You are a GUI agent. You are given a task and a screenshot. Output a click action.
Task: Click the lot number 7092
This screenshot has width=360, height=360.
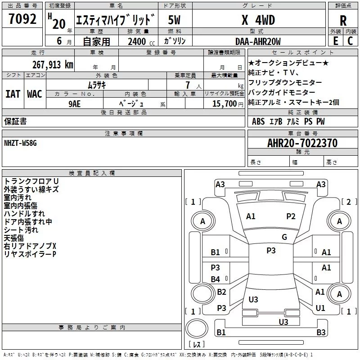(x=22, y=19)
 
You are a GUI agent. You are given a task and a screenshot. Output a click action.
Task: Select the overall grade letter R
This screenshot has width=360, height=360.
(x=343, y=21)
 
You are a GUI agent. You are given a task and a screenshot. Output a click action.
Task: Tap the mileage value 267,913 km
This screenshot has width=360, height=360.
(x=53, y=65)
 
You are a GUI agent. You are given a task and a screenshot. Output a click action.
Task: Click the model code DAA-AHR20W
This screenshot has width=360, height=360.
(x=258, y=41)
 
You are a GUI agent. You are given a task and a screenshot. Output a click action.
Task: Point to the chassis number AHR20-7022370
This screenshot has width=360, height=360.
(x=302, y=143)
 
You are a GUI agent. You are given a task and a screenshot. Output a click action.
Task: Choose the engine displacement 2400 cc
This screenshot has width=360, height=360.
(x=141, y=42)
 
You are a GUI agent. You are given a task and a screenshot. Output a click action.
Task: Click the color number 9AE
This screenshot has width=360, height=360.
(x=74, y=104)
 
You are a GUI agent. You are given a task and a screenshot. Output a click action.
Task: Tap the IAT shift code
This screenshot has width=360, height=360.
(x=13, y=94)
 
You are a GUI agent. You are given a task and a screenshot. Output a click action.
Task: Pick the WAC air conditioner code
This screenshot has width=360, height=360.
(x=35, y=94)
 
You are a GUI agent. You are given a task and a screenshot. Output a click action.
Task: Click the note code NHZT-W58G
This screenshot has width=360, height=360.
(x=20, y=143)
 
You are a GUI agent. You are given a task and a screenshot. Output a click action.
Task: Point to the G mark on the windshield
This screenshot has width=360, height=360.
(x=284, y=237)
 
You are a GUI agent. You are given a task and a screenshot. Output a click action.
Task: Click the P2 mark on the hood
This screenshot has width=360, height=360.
(x=291, y=216)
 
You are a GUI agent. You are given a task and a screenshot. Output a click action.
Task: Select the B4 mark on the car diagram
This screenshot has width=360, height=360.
(x=215, y=279)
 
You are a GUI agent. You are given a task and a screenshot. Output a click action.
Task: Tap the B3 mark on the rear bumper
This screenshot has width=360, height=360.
(x=321, y=332)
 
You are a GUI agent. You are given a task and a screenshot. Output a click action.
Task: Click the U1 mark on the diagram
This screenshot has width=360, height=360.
(x=320, y=308)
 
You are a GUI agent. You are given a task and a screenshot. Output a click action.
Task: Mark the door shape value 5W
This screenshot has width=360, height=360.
(x=174, y=20)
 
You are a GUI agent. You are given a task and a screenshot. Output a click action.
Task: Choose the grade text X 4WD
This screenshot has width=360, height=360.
(x=258, y=20)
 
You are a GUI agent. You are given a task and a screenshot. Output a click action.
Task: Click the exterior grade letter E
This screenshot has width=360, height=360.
(x=336, y=41)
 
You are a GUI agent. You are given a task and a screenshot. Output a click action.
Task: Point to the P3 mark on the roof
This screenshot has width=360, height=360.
(x=271, y=250)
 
